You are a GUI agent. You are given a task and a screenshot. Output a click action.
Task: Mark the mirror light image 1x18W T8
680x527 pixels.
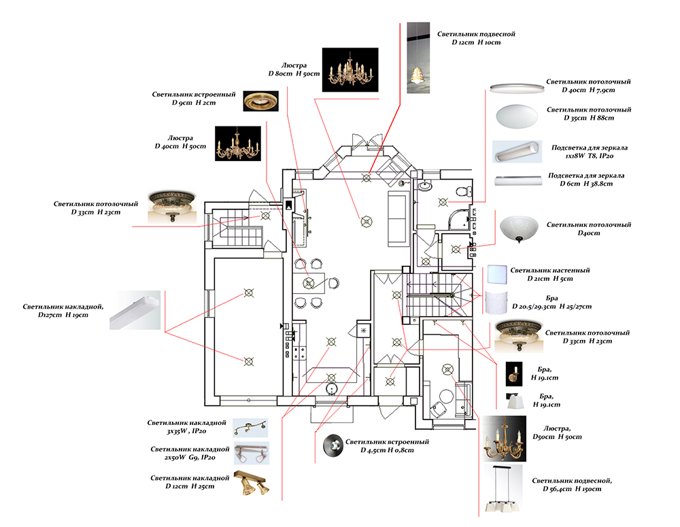pos(515,152)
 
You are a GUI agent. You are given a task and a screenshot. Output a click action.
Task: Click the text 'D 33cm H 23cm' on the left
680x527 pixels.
pos(95,212)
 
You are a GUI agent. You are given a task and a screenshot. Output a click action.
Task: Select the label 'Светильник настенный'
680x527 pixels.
pos(550,270)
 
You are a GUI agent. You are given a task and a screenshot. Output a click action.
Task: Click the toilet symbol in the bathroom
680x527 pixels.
pos(465,191)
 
